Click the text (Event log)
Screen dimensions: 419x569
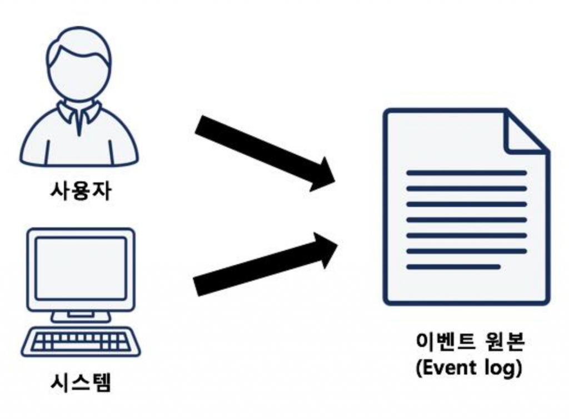tap(470, 368)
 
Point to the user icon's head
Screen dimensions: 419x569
tap(79, 72)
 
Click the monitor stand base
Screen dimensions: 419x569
tap(81, 317)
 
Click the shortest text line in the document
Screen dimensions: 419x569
tap(453, 267)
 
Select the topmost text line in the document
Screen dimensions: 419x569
tap(467, 173)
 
